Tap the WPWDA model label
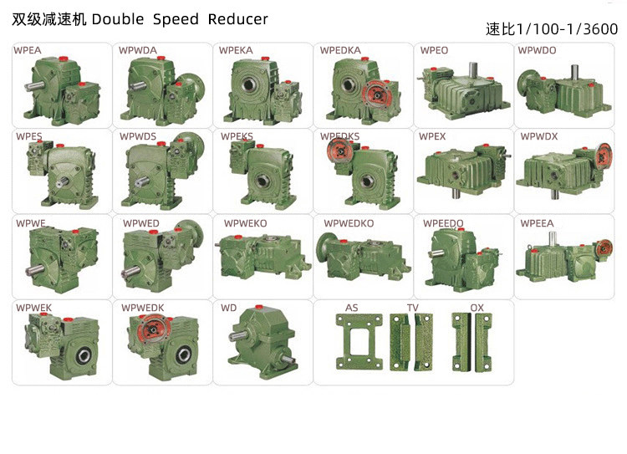point(138,50)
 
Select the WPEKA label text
point(236,50)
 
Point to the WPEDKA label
point(340,50)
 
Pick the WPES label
point(28,136)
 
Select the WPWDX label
point(539,136)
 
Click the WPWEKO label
point(246,223)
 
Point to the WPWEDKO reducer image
point(364,255)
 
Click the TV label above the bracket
point(413,308)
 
